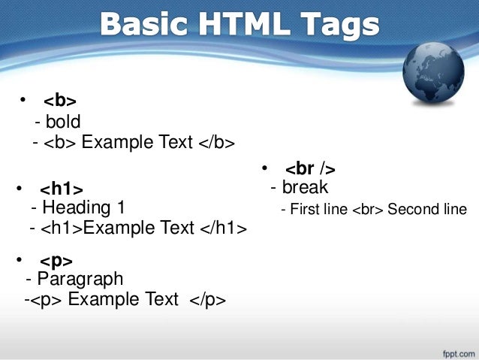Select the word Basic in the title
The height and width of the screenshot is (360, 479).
point(140,25)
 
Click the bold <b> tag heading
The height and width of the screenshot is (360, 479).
point(60,101)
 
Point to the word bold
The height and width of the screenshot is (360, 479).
point(62,122)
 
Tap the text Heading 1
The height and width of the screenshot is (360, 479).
point(83,207)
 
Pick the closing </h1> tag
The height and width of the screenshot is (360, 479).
point(223,228)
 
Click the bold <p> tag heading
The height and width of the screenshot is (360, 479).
point(56,261)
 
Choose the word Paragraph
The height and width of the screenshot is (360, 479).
point(79,280)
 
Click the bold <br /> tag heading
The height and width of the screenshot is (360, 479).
point(309,168)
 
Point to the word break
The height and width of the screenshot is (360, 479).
point(305,188)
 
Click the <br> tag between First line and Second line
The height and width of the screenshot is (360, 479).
point(367,210)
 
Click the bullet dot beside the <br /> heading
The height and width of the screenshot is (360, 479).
point(264,168)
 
